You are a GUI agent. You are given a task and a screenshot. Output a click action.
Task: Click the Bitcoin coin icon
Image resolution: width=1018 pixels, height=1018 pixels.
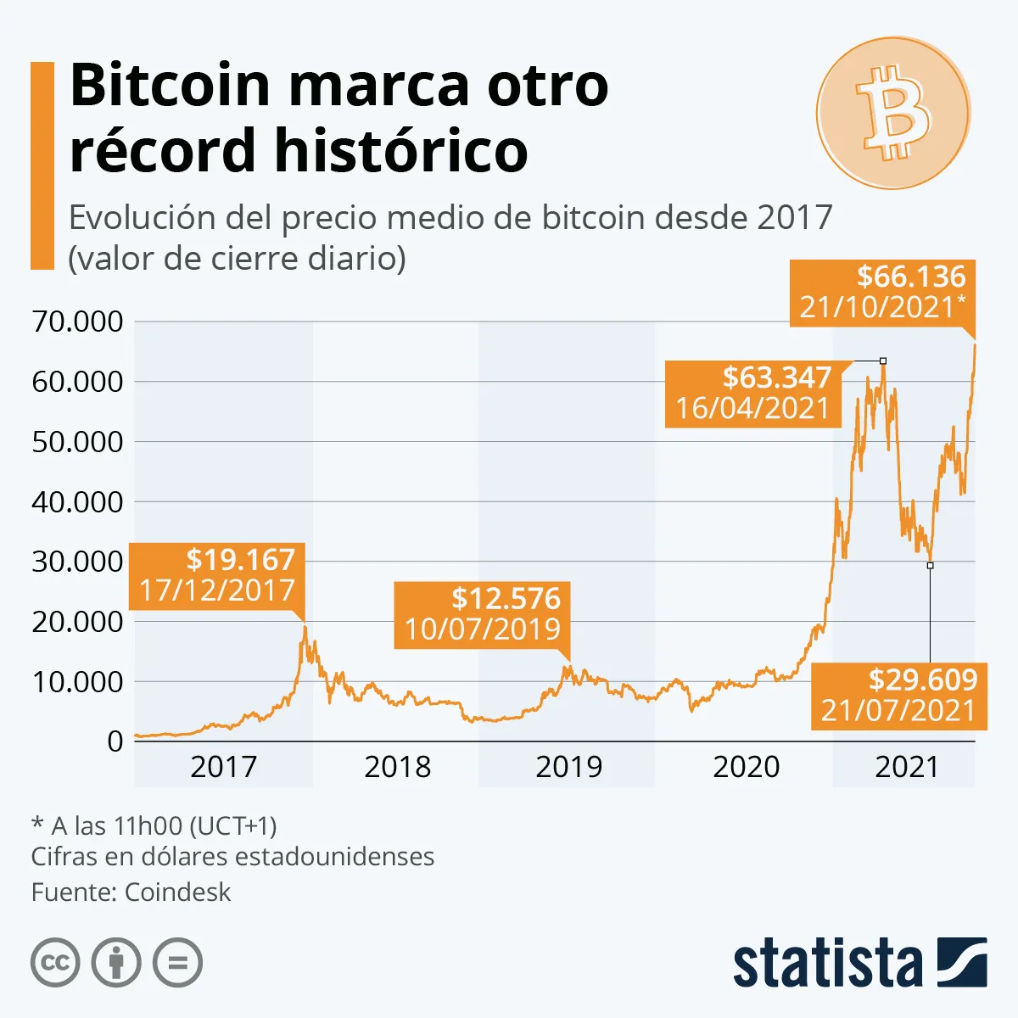pyautogui.click(x=892, y=113)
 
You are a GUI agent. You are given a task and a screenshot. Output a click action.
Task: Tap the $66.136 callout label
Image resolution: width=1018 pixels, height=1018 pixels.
pyautogui.click(x=882, y=292)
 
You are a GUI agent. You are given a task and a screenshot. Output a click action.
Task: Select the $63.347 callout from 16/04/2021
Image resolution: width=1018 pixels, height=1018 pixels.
pyautogui.click(x=752, y=393)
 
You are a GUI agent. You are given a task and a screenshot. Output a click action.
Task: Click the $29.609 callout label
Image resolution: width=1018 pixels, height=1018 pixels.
pyautogui.click(x=899, y=695)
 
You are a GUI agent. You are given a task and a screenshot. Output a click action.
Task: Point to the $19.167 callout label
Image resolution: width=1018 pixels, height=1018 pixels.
pyautogui.click(x=217, y=574)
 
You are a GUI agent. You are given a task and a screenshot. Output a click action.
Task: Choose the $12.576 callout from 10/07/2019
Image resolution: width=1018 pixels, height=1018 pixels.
pyautogui.click(x=483, y=613)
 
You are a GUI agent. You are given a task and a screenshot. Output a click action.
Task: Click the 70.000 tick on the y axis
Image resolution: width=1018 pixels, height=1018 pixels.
pyautogui.click(x=77, y=322)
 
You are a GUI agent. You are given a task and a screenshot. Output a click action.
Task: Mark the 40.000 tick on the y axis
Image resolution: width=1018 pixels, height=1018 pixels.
pyautogui.click(x=77, y=501)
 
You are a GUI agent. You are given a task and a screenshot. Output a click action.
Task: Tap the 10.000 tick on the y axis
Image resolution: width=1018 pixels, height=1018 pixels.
pyautogui.click(x=77, y=681)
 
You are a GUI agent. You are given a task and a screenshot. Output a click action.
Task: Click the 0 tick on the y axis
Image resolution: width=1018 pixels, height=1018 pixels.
pyautogui.click(x=115, y=741)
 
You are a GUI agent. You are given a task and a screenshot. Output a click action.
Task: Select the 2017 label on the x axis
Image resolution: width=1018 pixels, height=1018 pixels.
pyautogui.click(x=223, y=767)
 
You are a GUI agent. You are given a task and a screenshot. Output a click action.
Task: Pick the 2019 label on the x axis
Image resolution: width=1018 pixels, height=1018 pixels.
pyautogui.click(x=568, y=767)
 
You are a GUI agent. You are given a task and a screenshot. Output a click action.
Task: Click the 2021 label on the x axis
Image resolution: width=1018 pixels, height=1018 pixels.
pyautogui.click(x=907, y=767)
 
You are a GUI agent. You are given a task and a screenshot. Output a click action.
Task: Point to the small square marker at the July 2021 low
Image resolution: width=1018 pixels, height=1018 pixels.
pyautogui.click(x=931, y=565)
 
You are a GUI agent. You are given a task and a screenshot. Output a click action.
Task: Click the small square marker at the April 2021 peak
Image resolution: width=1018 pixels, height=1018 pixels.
pyautogui.click(x=883, y=361)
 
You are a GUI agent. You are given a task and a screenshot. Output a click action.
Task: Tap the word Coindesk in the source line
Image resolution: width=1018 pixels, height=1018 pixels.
pyautogui.click(x=177, y=892)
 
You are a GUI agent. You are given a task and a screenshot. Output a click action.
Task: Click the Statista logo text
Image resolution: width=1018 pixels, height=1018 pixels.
pyautogui.click(x=827, y=965)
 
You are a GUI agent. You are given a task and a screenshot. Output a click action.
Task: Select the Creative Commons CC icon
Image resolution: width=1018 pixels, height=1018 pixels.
pyautogui.click(x=55, y=963)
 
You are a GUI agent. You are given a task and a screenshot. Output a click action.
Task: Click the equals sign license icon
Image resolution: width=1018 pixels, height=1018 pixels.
pyautogui.click(x=177, y=963)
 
